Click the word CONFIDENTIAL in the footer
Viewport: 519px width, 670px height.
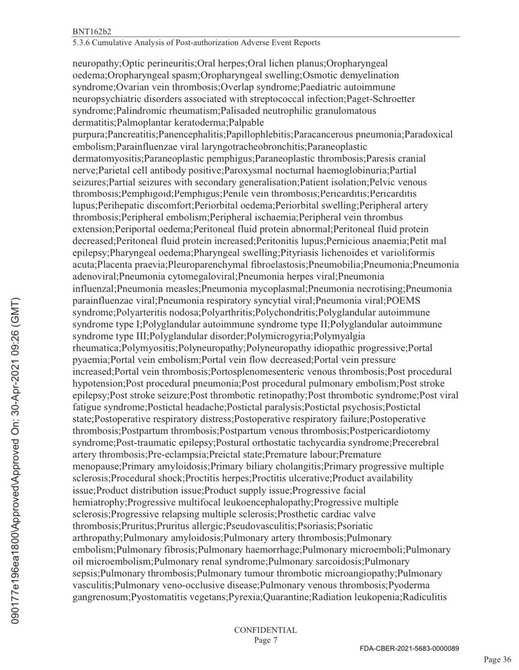[265, 630]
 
